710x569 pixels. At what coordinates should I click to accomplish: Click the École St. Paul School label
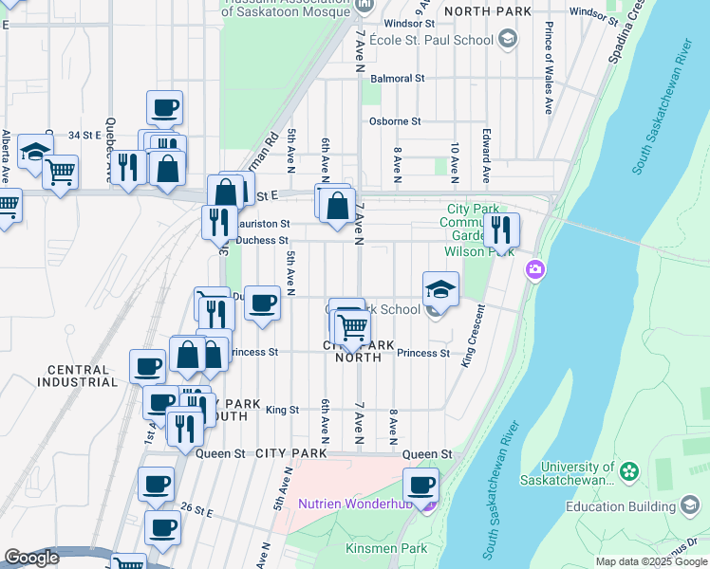pos(431,40)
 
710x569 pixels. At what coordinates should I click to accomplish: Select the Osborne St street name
pos(394,121)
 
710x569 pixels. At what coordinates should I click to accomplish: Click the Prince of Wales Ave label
pos(550,71)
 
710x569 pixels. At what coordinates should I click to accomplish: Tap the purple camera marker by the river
pos(535,271)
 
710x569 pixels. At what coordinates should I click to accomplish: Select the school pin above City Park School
pos(440,288)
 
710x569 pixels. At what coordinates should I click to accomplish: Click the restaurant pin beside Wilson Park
pos(500,230)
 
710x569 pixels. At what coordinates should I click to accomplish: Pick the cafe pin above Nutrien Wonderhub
pos(420,486)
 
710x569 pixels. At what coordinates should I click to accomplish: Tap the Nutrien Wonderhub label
pos(358,504)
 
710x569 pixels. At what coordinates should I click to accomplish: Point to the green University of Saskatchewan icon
pos(627,470)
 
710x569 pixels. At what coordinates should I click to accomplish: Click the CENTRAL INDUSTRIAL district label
pos(78,376)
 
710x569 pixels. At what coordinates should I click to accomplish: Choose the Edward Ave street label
pos(486,156)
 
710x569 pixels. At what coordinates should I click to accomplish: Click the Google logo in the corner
pos(31,558)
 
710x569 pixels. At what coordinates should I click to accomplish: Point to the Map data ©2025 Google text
pos(651,561)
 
